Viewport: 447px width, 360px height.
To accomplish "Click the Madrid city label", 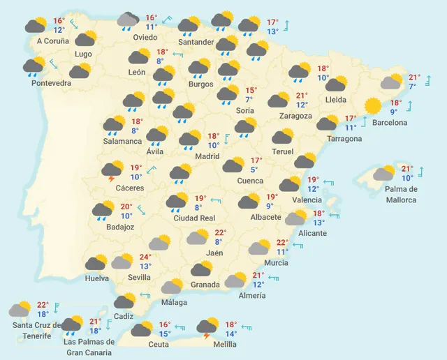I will point(207,156).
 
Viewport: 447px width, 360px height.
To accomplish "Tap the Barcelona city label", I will point(390,123).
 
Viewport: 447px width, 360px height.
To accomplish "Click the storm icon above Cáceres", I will point(112,170).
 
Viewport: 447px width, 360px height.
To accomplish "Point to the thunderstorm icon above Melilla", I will point(207,327).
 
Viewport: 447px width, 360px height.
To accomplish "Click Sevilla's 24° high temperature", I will point(145,257).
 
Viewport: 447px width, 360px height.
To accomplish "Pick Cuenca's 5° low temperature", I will point(254,169).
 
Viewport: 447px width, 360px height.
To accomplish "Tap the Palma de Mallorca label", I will point(401,194).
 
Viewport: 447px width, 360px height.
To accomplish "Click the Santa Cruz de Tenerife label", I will point(31,331).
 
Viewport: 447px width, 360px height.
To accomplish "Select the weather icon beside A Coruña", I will point(36,26).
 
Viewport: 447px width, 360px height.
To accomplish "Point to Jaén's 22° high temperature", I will point(220,233).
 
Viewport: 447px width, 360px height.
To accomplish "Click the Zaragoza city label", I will point(295,115).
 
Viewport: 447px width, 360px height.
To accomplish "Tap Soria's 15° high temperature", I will point(251,90).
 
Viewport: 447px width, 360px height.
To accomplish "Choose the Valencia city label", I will point(307,200).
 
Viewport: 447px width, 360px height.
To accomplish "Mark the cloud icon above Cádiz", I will point(125,301).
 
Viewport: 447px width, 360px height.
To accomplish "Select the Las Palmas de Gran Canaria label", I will point(89,346).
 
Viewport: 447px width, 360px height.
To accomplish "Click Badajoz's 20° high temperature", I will point(126,207).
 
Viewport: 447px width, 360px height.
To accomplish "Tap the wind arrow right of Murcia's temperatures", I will point(298,246).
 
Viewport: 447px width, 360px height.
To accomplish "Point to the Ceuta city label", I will point(158,344).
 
